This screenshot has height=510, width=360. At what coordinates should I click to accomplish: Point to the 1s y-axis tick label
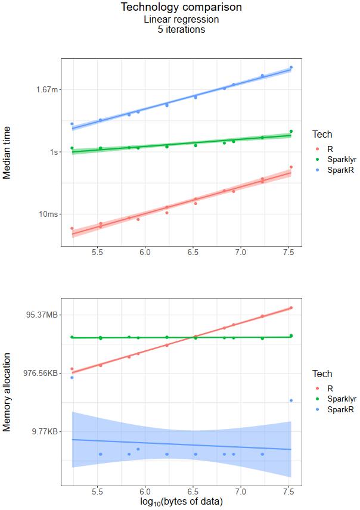tap(54, 152)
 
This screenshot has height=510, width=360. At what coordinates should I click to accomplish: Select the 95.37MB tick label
tap(43, 315)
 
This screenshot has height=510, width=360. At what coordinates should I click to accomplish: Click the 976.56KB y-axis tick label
tap(41, 373)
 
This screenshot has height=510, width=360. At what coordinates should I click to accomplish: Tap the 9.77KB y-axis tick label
tap(45, 431)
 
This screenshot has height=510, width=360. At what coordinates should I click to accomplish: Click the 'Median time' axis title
tap(8, 152)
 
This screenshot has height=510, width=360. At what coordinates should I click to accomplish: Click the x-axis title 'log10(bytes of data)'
tap(181, 502)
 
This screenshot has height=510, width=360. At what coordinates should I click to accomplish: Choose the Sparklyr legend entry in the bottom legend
tap(337, 399)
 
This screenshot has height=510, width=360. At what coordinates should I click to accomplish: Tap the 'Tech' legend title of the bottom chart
tap(322, 374)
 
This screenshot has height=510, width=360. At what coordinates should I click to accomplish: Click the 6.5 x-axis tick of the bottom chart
tap(193, 493)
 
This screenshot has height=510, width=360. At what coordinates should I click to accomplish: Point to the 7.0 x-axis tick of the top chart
tap(240, 253)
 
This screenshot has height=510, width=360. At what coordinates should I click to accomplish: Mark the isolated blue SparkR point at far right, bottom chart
tap(291, 400)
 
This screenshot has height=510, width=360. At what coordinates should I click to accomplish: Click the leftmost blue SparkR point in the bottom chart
tap(72, 378)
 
